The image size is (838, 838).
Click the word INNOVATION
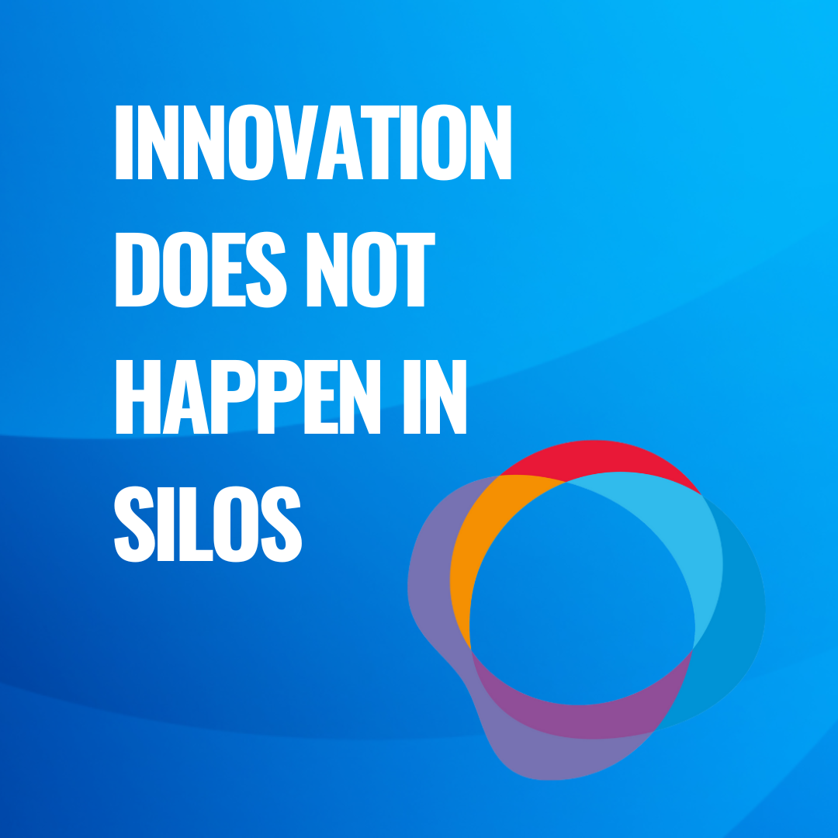pos(313,142)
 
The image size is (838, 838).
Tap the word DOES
pos(201,269)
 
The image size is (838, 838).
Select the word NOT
pos(371,269)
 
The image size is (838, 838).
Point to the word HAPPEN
pos(248,396)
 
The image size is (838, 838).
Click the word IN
pos(435,396)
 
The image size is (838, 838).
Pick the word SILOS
pos(208,524)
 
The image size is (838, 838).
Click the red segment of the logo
pos(598,459)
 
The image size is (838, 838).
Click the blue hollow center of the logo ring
pos(582,594)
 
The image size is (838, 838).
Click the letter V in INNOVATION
pos(296,142)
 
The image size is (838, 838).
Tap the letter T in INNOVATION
pos(380,142)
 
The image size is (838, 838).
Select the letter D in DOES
pos(137,269)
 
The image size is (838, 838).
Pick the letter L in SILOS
pos(196,524)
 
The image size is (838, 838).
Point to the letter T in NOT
pos(416,269)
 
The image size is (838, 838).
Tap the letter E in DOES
pos(229,269)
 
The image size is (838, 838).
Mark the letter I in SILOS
pos(166,524)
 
